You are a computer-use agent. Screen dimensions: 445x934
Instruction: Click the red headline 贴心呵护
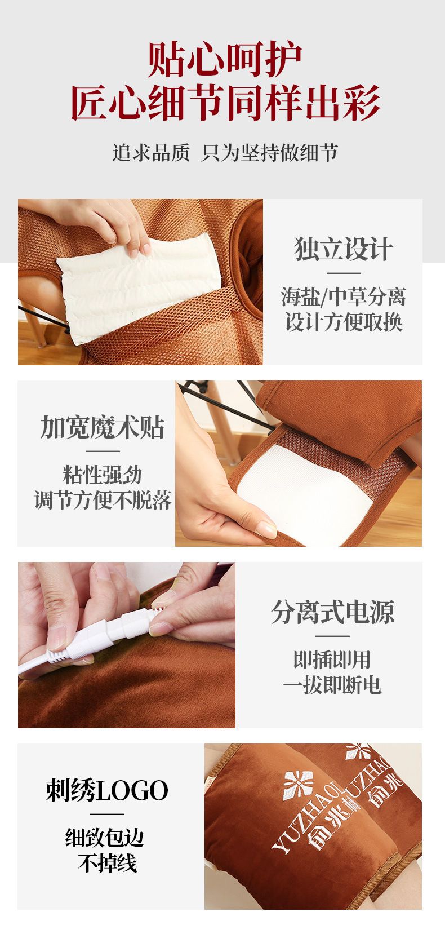225,59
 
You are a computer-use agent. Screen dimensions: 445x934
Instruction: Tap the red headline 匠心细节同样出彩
225,103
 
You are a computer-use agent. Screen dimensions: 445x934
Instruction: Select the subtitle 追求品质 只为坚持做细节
225,152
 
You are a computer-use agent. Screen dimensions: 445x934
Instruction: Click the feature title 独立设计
344,249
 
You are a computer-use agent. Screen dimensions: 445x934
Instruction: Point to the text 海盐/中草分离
344,297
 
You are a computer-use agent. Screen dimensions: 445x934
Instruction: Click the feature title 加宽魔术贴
103,427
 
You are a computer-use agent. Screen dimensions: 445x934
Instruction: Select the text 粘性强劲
103,475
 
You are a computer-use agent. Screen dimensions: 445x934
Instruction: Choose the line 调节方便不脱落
103,500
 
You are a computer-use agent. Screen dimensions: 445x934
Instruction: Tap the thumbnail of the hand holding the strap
299,463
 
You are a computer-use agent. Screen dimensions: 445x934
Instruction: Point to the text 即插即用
332,659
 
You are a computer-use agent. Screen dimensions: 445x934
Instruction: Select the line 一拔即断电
332,685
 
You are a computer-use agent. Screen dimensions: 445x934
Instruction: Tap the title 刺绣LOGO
107,790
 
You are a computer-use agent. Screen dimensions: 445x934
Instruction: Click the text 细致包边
105,838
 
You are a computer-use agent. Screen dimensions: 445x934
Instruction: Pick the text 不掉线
107,863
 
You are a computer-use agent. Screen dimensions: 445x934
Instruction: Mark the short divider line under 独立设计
344,273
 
